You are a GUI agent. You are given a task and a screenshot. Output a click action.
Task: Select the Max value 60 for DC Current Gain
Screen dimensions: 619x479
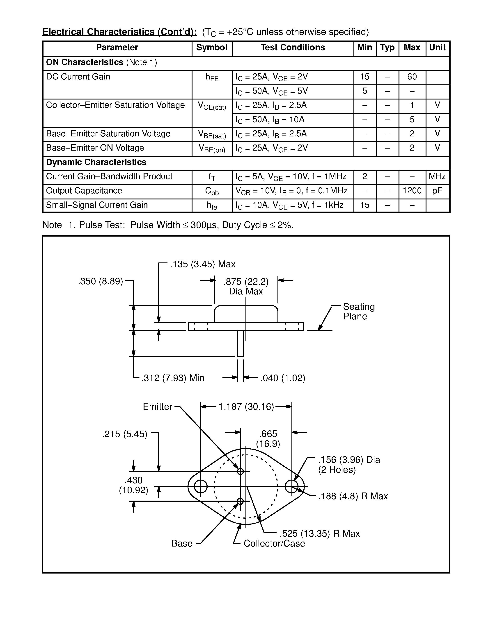coord(412,77)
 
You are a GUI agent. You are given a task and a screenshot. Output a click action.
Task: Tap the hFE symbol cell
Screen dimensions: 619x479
coord(212,77)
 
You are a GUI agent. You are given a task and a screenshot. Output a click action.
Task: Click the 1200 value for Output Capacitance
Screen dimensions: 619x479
coord(412,191)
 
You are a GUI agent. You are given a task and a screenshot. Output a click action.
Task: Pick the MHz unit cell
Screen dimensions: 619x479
coord(437,176)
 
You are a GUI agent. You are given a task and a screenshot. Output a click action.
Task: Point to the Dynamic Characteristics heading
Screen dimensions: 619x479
coord(96,162)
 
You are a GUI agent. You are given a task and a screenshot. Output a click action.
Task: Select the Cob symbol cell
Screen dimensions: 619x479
coord(212,192)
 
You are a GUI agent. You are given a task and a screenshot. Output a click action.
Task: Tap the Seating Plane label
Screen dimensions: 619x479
coord(358,312)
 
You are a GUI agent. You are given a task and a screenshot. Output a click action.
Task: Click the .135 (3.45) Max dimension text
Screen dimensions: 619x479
coord(202,264)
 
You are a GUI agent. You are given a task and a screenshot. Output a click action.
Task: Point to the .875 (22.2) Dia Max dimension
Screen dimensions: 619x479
coord(246,287)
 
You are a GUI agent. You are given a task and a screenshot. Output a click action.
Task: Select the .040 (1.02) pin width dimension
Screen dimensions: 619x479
coord(282,378)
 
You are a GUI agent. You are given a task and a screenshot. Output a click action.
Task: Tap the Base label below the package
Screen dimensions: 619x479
coord(182,543)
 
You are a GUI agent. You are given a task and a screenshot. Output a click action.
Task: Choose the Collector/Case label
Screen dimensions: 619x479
coord(274,543)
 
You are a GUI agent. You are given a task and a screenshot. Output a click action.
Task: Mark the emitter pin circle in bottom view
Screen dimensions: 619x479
coord(240,471)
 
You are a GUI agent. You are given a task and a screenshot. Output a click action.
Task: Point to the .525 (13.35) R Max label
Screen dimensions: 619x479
coord(320,534)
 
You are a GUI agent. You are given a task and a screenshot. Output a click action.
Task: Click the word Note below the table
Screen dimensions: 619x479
coord(52,225)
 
